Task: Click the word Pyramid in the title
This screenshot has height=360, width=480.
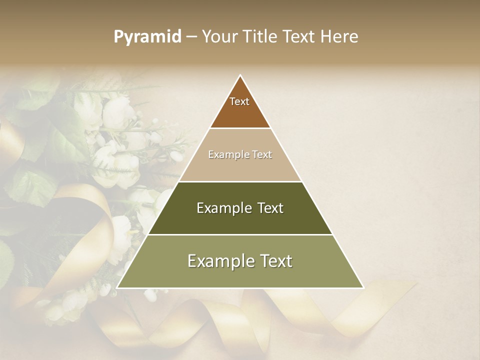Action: [x=147, y=37]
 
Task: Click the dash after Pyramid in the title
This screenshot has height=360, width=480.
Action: [x=191, y=37]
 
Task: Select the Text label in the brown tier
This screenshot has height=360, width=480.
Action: [x=239, y=101]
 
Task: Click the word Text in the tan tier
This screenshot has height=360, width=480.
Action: [x=262, y=154]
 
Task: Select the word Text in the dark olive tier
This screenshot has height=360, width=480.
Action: [x=270, y=208]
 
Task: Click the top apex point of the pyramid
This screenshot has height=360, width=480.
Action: [x=240, y=75]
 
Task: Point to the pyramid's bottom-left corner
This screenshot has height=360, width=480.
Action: [x=117, y=288]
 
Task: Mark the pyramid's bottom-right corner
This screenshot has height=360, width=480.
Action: [x=363, y=288]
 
